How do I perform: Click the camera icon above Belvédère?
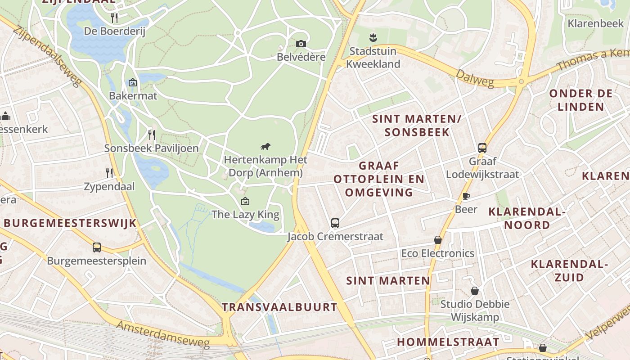301,44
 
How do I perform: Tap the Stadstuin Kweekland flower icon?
373,37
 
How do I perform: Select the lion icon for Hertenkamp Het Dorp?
265,146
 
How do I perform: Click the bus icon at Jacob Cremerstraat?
335,223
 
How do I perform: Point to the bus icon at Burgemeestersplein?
97,247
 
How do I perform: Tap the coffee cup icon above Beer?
466,196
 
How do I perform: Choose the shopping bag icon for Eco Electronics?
438,240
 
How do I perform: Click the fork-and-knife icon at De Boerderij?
114,18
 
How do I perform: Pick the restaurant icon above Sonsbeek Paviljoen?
152,135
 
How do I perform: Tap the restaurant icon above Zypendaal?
109,173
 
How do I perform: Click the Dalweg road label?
474,78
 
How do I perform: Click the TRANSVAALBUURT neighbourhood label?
279,307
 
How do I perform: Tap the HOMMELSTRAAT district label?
448,342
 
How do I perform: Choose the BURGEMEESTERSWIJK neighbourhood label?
70,223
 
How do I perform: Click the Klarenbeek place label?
595,23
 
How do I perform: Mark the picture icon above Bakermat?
133,82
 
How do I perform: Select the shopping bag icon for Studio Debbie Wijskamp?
475,291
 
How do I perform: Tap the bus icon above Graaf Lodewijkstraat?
482,148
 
